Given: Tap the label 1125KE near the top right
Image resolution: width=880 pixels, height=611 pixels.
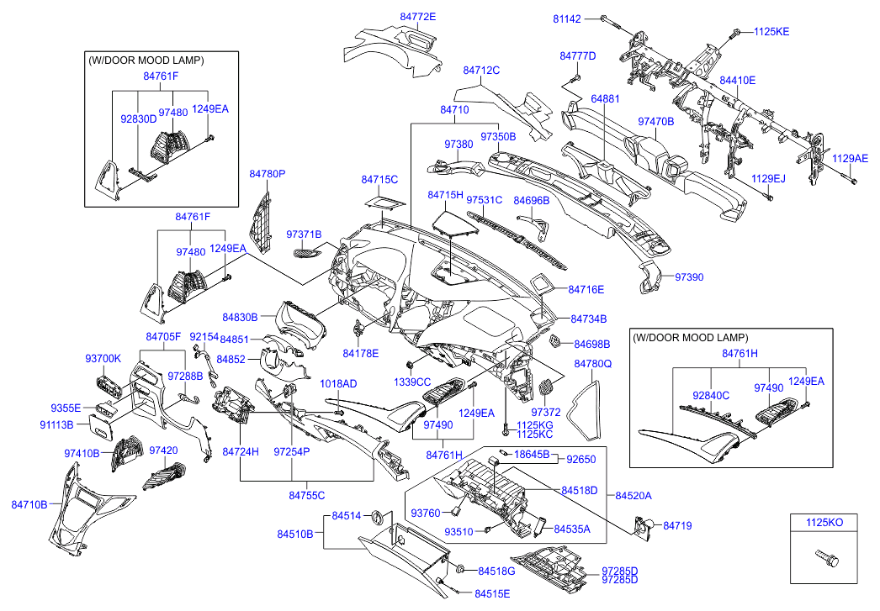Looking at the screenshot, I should click(771, 32).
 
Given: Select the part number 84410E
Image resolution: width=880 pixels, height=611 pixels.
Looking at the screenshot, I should click(737, 81).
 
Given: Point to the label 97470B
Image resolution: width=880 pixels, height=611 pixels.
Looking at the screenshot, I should click(656, 122).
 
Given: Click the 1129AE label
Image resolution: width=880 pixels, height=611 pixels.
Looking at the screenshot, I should click(850, 158).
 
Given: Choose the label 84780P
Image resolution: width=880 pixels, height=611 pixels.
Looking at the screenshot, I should click(268, 174).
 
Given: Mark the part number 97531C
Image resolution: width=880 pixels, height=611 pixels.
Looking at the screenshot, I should click(484, 200).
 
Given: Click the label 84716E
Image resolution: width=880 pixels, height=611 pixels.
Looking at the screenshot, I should click(586, 289).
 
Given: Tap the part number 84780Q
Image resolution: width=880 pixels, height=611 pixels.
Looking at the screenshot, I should click(593, 364).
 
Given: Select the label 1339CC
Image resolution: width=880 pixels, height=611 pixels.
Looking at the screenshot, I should click(412, 382).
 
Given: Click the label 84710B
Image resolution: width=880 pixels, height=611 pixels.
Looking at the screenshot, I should click(29, 504).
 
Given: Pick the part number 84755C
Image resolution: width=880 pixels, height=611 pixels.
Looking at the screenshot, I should click(307, 495).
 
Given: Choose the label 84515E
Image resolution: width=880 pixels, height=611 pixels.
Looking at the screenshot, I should click(492, 593).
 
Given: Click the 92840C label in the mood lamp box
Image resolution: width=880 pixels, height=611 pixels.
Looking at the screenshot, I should click(711, 394).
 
